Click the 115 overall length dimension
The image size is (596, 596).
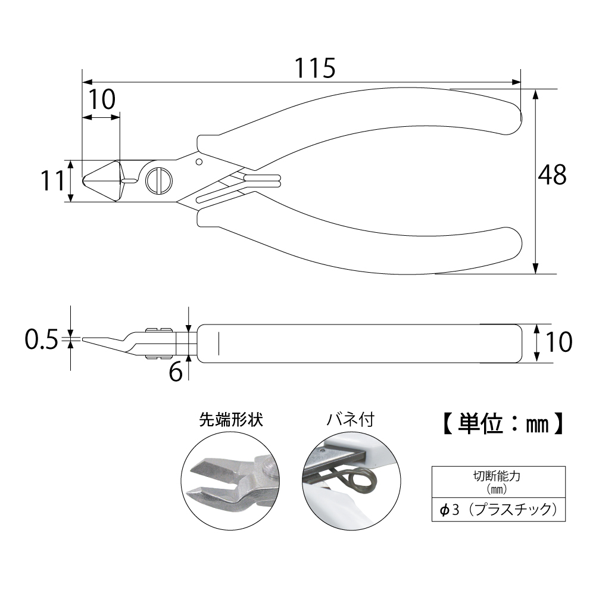tap(315, 68)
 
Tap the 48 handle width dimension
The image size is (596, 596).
tap(552, 175)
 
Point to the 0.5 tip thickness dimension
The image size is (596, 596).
tap(42, 339)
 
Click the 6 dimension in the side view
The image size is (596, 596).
tap(176, 372)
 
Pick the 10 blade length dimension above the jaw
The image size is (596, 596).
tap(101, 99)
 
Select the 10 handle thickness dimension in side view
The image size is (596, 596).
tap(558, 342)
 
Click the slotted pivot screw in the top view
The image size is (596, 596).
tap(159, 181)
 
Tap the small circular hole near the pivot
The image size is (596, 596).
tap(198, 163)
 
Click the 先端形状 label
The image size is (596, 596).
tap(231, 420)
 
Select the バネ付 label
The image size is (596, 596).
tap(351, 420)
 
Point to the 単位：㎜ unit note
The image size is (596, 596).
tap(503, 424)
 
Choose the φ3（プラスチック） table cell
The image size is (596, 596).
tap(498, 509)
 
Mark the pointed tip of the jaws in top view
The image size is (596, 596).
tap(83, 180)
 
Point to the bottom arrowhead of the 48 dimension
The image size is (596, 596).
tap(535, 269)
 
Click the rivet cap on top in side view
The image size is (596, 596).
tap(159, 329)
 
